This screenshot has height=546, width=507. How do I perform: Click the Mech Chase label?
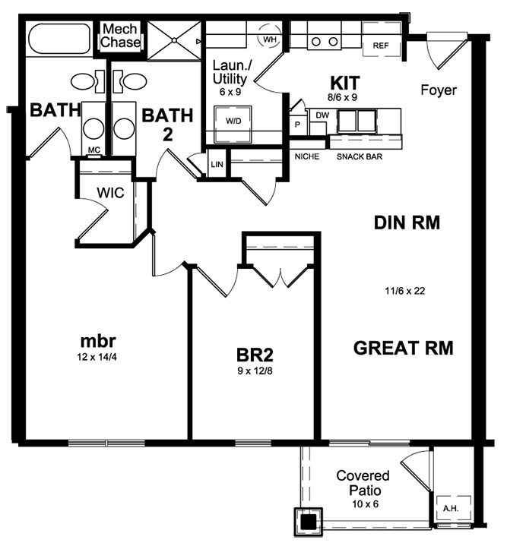(121, 36)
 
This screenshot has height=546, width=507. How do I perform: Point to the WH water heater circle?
(269, 38)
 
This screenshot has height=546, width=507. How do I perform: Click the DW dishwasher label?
(321, 115)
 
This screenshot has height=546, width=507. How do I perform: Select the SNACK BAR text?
(359, 157)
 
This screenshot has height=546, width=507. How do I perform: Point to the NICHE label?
(306, 157)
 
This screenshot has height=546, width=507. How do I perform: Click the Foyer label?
(439, 90)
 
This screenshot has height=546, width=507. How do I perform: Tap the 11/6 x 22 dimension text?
(403, 290)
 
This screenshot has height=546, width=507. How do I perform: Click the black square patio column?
(308, 522)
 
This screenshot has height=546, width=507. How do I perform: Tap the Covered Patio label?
(363, 483)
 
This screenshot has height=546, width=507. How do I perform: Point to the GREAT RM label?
(403, 348)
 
